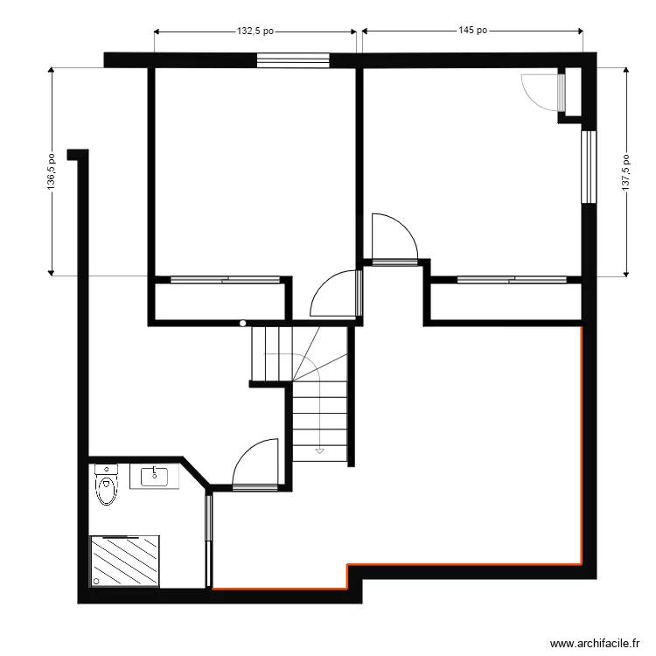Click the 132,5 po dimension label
[x=255, y=31]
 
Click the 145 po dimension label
[x=472, y=31]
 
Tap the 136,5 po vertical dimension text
[x=52, y=171]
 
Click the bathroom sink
[x=155, y=477]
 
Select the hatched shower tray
[x=124, y=562]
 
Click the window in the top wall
[x=293, y=60]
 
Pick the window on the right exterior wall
[x=588, y=168]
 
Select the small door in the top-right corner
[x=561, y=91]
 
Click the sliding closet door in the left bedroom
[x=223, y=281]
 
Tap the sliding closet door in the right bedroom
[x=512, y=281]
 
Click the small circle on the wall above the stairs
[x=243, y=324]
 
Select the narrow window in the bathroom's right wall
[x=208, y=541]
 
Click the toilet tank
[x=106, y=470]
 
